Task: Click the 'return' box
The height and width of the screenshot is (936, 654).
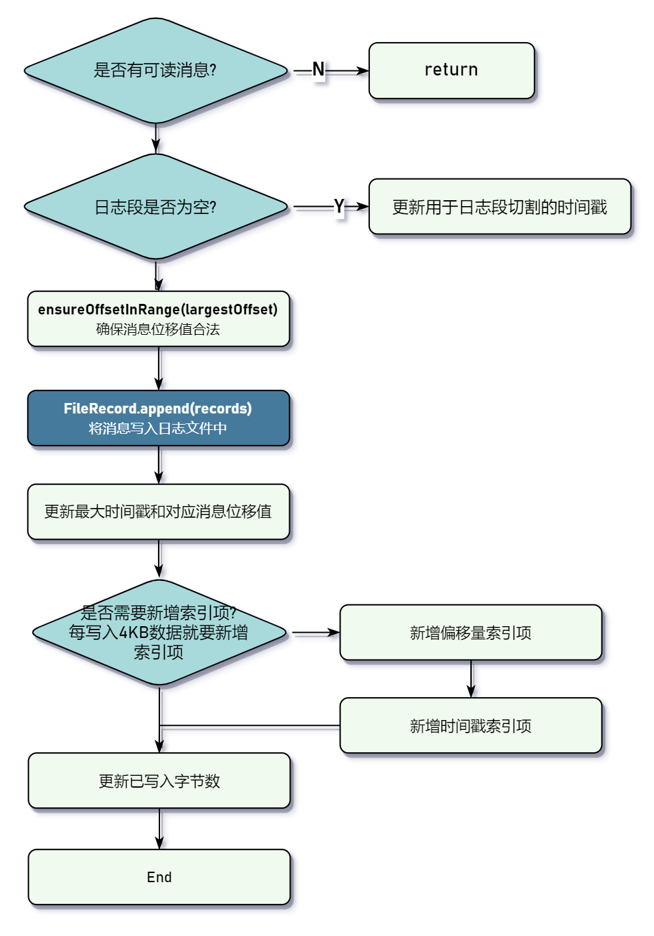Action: tap(451, 70)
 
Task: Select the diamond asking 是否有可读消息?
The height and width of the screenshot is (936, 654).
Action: tap(155, 70)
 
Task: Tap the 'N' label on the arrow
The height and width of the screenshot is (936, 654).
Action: tap(318, 70)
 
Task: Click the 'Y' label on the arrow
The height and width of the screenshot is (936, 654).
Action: tap(338, 206)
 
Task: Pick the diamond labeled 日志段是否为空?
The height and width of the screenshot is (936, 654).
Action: tap(155, 207)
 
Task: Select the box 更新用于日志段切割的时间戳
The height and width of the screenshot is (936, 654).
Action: tap(499, 207)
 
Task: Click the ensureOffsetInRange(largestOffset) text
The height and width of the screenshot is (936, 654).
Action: tap(157, 309)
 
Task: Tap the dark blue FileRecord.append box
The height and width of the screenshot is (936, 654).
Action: tap(158, 418)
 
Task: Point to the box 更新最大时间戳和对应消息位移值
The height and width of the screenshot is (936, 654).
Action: tap(158, 511)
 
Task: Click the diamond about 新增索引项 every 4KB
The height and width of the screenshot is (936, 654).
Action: tap(159, 632)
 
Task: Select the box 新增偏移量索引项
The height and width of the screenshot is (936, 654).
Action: tap(470, 632)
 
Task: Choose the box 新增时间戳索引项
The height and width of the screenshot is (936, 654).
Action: tap(470, 725)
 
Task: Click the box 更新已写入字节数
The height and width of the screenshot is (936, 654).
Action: tap(159, 780)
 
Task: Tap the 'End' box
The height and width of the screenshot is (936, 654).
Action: tap(159, 877)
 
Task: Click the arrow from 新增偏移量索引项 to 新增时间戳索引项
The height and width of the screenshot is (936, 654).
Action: tap(470, 679)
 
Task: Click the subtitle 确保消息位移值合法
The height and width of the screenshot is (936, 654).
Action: tap(157, 329)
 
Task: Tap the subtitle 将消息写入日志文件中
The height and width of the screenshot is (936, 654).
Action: tap(157, 428)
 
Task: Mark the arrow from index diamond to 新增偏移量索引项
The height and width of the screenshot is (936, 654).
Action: tap(315, 633)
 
